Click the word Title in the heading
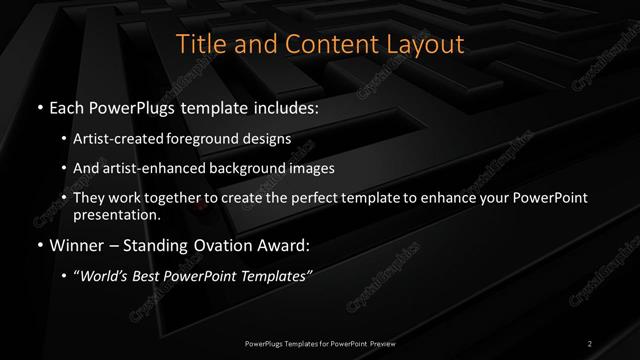coord(198,45)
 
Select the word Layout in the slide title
coord(426,45)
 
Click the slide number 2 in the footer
coord(590,343)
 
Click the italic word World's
coord(105,276)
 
